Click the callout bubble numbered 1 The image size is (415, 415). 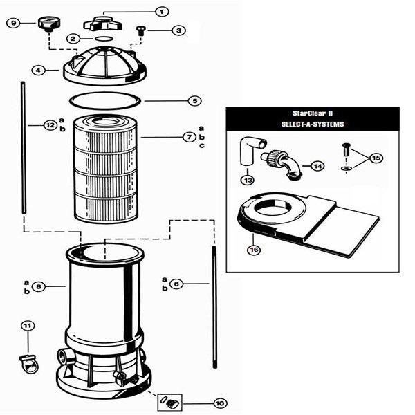tap(161, 12)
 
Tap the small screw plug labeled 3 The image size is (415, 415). tap(140, 30)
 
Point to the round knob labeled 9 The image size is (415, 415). tap(49, 24)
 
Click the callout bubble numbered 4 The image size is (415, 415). tap(38, 71)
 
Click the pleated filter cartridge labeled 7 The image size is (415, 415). tap(106, 169)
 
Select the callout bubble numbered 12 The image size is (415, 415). tap(50, 125)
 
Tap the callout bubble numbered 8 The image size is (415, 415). tap(39, 286)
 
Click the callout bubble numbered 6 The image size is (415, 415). tap(176, 284)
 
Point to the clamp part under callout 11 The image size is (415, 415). tap(29, 363)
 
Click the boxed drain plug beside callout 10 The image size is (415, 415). tap(169, 403)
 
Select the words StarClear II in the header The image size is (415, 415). tap(313, 113)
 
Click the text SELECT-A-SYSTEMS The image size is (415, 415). tap(313, 124)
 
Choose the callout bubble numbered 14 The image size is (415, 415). tap(317, 166)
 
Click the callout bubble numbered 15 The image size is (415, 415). tap(376, 158)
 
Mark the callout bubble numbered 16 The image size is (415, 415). tap(254, 250)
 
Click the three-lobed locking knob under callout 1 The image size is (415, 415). tap(102, 24)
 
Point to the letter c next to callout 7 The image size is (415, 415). tap(202, 145)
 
